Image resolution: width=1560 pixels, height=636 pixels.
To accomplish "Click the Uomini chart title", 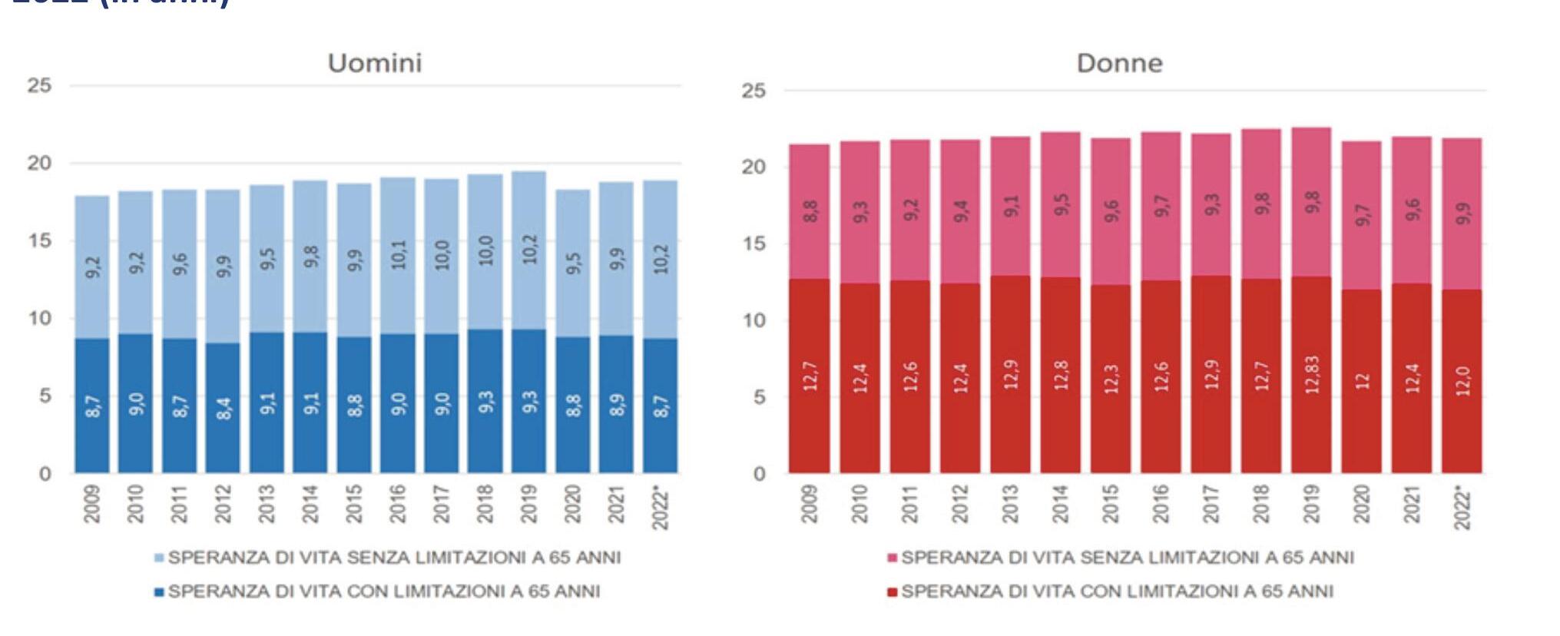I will [375, 63].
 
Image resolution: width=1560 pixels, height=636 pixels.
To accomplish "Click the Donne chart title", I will [1119, 63].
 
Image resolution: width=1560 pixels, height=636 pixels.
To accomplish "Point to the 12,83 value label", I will [1312, 375].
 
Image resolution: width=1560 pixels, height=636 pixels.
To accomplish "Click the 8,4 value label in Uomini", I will [224, 408].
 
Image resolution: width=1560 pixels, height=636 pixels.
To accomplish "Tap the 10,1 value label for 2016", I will [399, 254].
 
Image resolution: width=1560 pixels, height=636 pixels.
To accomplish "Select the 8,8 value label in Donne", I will [810, 211].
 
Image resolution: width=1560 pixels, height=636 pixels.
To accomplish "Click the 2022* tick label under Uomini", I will [661, 507].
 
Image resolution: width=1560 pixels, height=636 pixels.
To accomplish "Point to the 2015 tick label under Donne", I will [1111, 504].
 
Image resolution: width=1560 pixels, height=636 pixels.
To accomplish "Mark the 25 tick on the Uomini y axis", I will [40, 85].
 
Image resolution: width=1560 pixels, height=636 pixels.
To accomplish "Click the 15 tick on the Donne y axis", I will [754, 243].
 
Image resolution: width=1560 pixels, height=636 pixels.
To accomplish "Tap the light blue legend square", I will [159, 558].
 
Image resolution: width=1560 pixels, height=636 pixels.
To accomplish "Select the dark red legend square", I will [892, 592].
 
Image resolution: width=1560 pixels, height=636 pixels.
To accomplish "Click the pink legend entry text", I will [1127, 558].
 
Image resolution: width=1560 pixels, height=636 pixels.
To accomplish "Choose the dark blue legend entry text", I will [384, 591].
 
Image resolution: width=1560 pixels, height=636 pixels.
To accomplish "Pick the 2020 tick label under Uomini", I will [573, 504].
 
